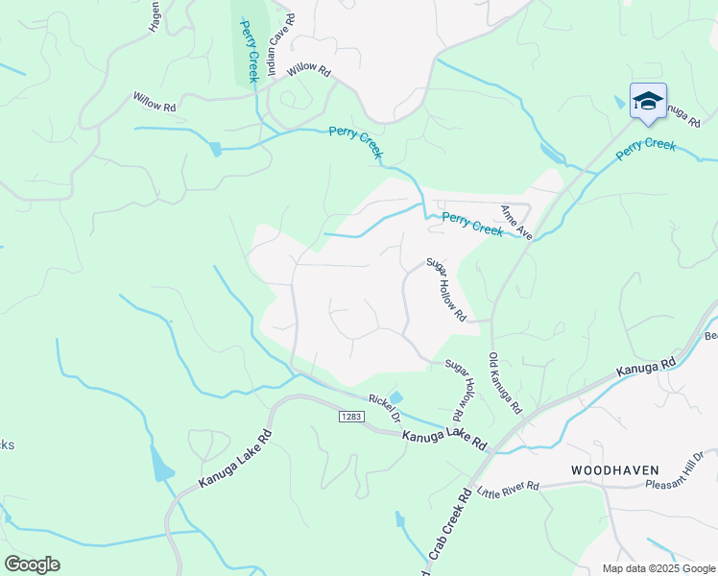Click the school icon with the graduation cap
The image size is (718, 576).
(648, 101)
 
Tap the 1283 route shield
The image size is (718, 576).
(348, 415)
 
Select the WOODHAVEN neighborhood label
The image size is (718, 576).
(614, 470)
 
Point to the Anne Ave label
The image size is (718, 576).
(515, 221)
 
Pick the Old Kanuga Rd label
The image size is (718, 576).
(505, 384)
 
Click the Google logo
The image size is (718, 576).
(32, 564)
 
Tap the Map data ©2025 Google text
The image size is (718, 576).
(658, 568)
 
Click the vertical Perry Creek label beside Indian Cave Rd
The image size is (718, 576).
(249, 50)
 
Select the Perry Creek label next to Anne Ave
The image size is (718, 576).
(472, 225)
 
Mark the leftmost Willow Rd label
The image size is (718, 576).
(154, 101)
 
